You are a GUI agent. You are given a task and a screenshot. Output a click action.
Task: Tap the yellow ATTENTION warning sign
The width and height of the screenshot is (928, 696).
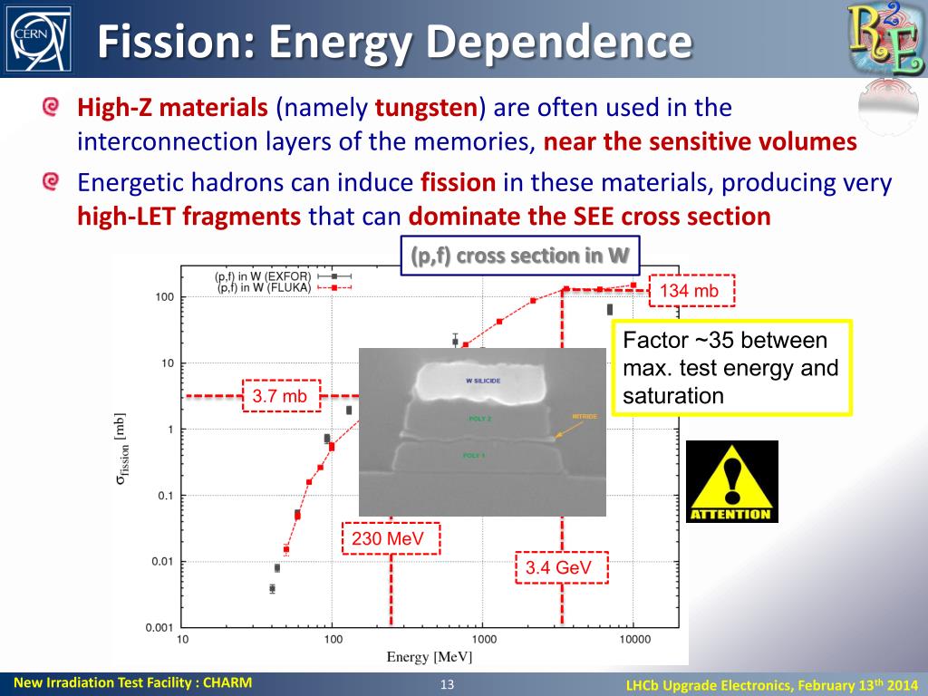[x=731, y=481]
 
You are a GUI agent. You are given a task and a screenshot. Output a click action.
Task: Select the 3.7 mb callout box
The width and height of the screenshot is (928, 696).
[x=279, y=396]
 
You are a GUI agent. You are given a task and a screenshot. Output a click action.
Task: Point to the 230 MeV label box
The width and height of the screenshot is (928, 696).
[x=391, y=539]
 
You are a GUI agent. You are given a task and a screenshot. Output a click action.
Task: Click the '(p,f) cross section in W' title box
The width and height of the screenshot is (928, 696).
[x=520, y=256]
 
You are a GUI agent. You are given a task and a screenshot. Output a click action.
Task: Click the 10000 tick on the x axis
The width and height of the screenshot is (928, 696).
[x=634, y=639]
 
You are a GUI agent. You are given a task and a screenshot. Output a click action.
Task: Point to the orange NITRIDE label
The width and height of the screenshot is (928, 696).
[x=585, y=417]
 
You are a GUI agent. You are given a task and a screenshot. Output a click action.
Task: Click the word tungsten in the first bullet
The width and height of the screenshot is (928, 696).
[x=426, y=109]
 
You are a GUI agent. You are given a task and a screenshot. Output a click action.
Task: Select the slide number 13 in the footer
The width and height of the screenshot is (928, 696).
[x=446, y=684]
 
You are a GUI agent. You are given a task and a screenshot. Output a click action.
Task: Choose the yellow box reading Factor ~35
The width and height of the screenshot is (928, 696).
[x=731, y=368]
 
